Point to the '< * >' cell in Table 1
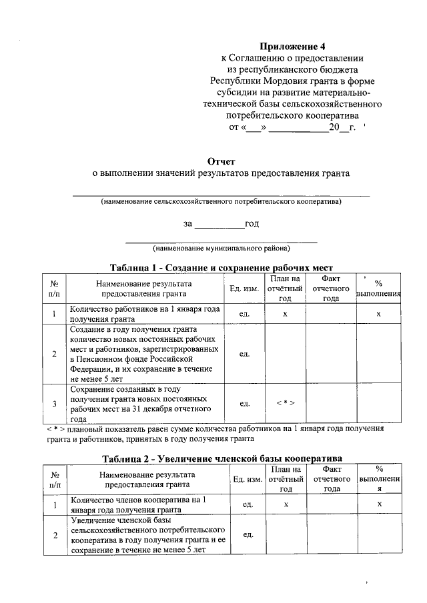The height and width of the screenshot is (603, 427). pos(286,404)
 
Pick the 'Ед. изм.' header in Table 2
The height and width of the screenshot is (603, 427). pos(246,479)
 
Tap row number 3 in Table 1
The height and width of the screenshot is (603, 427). pos(54,404)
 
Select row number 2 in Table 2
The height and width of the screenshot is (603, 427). pos(54,535)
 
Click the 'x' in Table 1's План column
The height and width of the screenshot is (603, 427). pos(286,314)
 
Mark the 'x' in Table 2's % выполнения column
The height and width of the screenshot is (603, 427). pos(378,504)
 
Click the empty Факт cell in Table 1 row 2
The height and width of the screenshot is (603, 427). pos(331,354)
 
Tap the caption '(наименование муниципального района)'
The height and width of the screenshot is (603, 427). pos(221,249)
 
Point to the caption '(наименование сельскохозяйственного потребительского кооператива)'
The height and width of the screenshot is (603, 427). pos(221,201)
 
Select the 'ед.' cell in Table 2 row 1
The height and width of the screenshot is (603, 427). pos(246,504)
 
